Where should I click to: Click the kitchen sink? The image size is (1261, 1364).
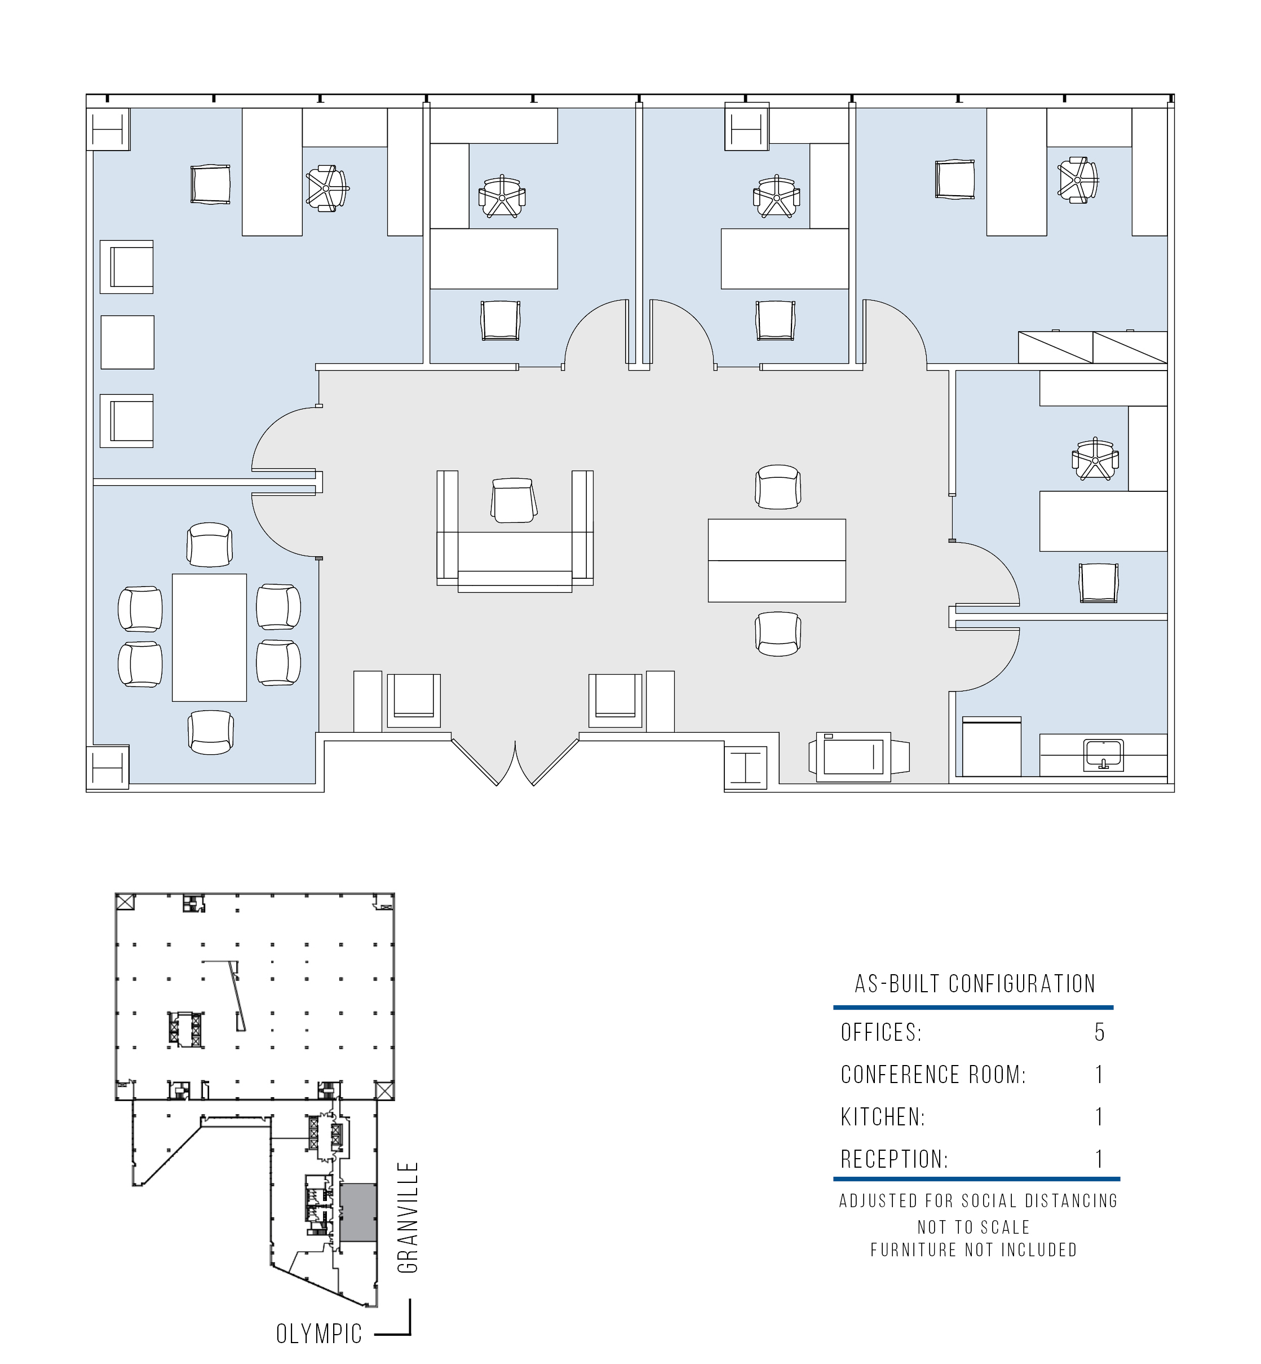1103,754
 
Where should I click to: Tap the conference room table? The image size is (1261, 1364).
210,637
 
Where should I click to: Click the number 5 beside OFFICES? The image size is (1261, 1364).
1099,1032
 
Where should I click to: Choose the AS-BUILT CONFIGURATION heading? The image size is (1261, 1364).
975,984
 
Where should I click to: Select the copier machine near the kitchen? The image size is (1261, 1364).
859,756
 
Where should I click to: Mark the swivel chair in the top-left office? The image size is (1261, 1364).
328,188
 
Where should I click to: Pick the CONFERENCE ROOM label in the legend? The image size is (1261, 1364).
933,1075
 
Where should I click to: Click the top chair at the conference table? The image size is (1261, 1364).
210,544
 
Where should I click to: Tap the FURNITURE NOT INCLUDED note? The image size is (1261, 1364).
974,1249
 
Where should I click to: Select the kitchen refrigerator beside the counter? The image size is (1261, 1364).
992,746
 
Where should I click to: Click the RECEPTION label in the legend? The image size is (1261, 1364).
895,1159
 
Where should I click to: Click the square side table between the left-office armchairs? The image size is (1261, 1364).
127,342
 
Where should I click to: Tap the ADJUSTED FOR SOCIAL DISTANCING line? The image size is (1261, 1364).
979,1201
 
